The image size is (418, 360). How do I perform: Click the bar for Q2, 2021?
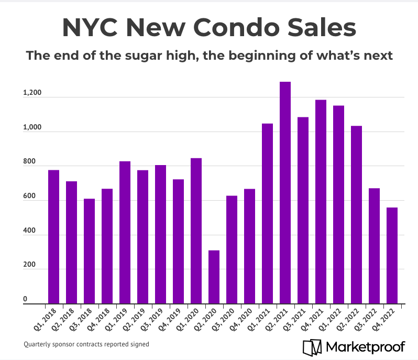coord(285,193)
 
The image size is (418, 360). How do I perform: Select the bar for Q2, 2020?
coord(214,277)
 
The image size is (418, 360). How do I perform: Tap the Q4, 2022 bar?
coord(392,256)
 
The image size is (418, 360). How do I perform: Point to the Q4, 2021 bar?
coord(321,202)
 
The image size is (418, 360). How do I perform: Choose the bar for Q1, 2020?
coord(196,231)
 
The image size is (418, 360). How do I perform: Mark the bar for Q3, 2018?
coord(89,252)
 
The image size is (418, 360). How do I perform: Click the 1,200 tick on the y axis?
coord(31,93)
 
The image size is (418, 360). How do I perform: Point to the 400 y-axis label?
coord(29,231)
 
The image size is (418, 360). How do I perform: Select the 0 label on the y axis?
coord(25,300)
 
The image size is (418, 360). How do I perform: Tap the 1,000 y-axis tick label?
coord(31,128)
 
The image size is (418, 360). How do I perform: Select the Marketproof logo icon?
coord(313,346)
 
